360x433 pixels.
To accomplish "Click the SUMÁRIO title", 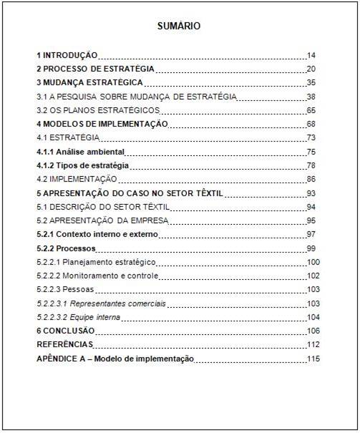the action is pyautogui.click(x=179, y=26).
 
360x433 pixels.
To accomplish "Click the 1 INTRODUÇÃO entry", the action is pyautogui.click(x=67, y=55).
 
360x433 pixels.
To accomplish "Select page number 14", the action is pyautogui.click(x=311, y=55).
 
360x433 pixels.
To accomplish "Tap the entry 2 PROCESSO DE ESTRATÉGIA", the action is pyautogui.click(x=95, y=69).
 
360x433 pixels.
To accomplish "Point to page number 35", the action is pyautogui.click(x=311, y=83).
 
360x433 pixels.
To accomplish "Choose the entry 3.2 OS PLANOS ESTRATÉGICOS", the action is pyautogui.click(x=98, y=110).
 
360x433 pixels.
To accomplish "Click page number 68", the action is pyautogui.click(x=311, y=124).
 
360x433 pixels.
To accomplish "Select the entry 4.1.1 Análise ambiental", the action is pyautogui.click(x=81, y=152).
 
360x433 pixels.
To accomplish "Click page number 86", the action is pyautogui.click(x=311, y=179).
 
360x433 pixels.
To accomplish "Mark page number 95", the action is pyautogui.click(x=311, y=220).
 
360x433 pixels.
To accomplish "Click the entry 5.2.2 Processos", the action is pyautogui.click(x=66, y=248).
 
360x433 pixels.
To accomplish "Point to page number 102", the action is pyautogui.click(x=313, y=276).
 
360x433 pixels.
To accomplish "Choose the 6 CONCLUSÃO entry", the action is pyautogui.click(x=65, y=331).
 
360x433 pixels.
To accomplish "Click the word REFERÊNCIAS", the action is pyautogui.click(x=63, y=344).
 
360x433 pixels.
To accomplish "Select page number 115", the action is pyautogui.click(x=313, y=359).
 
